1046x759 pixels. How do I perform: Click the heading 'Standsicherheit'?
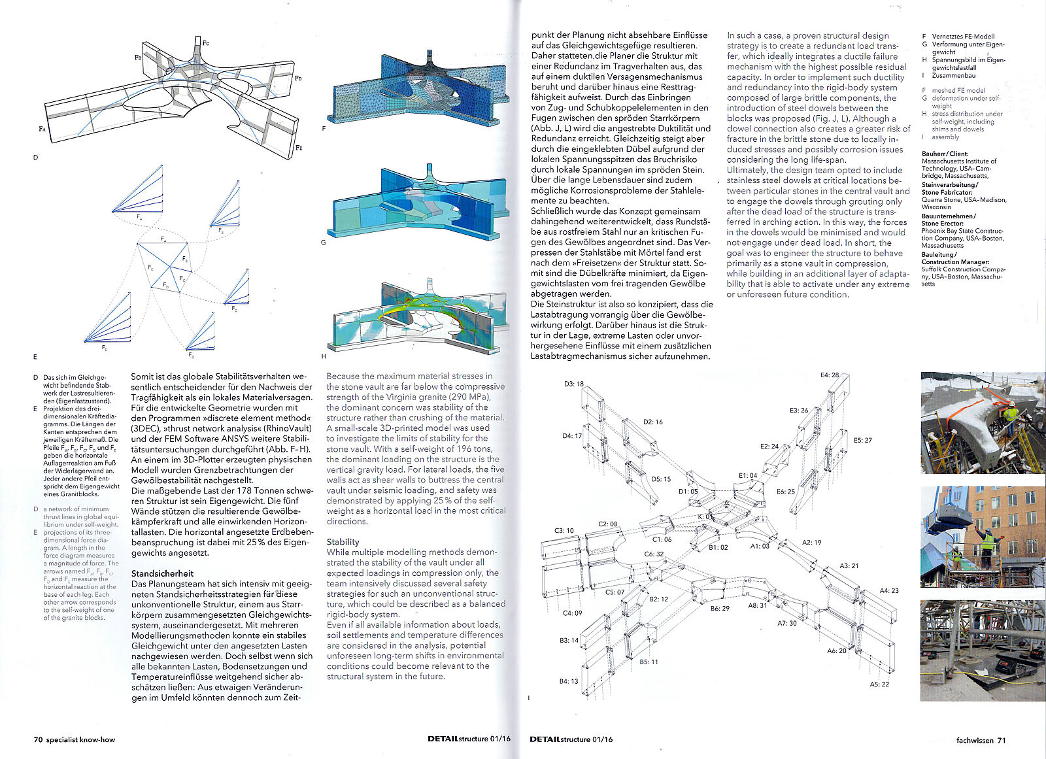click(162, 573)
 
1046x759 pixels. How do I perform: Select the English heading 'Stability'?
click(343, 542)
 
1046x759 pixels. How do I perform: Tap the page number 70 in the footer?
click(38, 740)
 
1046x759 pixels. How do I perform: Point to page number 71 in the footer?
click(1001, 740)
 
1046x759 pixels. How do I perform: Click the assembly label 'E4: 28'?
click(830, 375)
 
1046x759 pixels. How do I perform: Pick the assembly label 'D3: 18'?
click(573, 384)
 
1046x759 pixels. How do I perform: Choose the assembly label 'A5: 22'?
click(879, 684)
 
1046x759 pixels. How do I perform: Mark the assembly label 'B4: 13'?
click(568, 681)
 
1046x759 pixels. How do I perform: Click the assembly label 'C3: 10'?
click(564, 531)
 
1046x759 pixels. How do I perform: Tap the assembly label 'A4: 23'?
click(888, 590)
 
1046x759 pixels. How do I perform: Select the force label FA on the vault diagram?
click(42, 129)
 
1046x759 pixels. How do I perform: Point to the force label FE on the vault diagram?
click(299, 148)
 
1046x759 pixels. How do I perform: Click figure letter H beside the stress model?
click(324, 356)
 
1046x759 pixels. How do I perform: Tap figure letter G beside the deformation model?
click(324, 243)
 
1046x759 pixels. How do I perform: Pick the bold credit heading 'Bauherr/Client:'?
click(945, 154)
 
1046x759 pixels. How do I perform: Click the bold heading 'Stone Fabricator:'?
click(947, 192)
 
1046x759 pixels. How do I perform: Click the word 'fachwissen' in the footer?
click(974, 740)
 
